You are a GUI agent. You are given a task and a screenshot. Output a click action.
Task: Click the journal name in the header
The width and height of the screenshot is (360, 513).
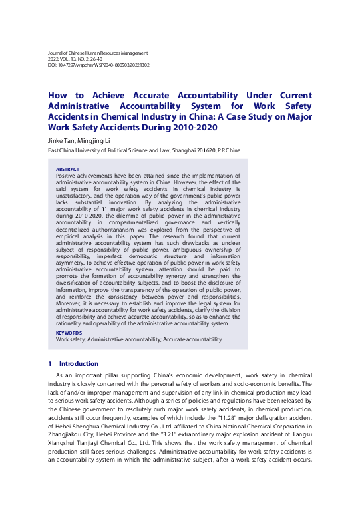(x=98, y=52)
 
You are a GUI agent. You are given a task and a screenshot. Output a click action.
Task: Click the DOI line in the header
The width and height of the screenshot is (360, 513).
(x=98, y=65)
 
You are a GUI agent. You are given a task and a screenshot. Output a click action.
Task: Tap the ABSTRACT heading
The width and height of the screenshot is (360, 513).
(x=67, y=170)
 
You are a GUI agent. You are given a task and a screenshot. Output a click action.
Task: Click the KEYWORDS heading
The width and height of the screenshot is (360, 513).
(x=69, y=333)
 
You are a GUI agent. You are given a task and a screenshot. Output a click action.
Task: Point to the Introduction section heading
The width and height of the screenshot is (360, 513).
(x=79, y=364)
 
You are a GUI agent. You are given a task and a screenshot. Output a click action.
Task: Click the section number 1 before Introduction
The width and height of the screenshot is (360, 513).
(x=50, y=364)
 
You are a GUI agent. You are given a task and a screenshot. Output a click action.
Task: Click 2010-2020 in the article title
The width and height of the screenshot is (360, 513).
(x=193, y=127)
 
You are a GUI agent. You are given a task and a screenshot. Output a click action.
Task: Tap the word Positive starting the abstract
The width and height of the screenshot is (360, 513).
(x=67, y=176)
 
